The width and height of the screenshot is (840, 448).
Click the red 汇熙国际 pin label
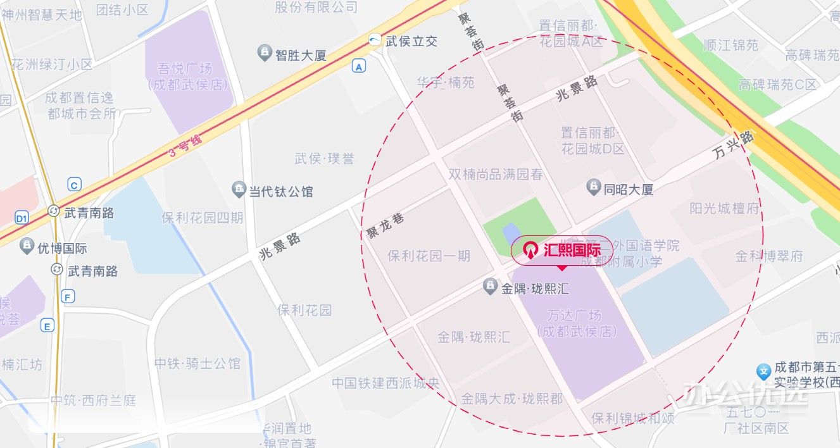tap(562, 250)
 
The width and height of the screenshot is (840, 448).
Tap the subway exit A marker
tap(360, 66)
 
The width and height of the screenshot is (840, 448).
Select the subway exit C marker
tap(75, 185)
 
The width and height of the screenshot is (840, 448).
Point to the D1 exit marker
tap(22, 218)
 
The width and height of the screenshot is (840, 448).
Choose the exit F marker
tap(68, 296)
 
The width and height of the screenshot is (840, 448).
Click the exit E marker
tap(47, 326)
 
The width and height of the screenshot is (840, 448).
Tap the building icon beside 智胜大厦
tap(265, 54)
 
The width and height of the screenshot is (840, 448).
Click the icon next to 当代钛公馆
tap(239, 190)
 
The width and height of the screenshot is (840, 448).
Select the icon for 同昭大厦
tap(593, 187)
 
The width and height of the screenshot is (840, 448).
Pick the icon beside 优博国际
tap(27, 247)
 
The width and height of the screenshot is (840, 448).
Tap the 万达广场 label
tap(576, 323)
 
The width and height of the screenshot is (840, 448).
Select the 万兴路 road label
tap(733, 146)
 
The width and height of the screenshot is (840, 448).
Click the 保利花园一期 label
tap(429, 256)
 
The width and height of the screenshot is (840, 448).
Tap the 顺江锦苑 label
tap(731, 45)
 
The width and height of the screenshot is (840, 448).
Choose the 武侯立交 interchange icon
tap(375, 41)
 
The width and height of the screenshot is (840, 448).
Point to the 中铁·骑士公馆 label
tap(197, 364)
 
